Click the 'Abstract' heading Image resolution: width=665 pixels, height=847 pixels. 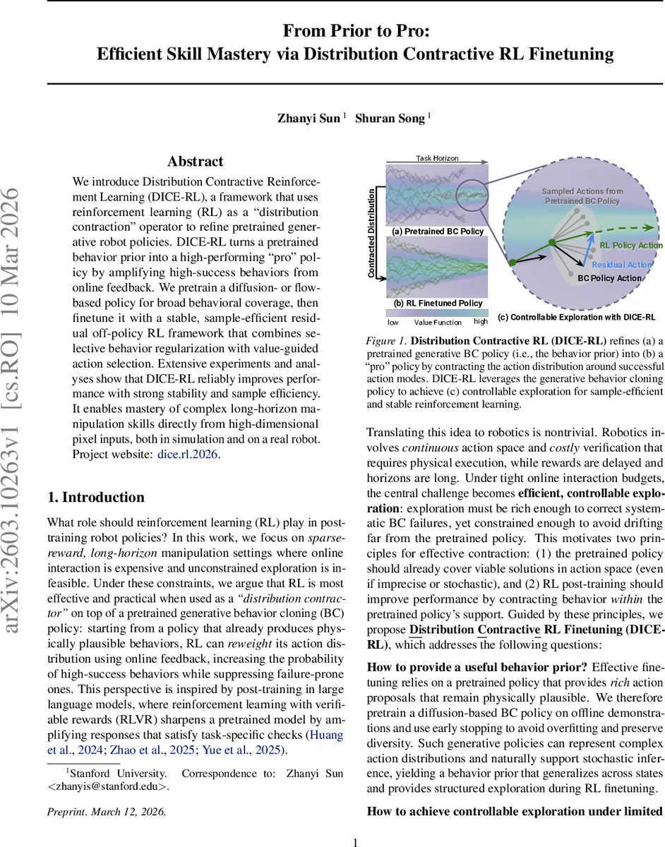(196, 162)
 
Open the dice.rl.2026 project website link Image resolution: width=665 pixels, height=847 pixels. (188, 454)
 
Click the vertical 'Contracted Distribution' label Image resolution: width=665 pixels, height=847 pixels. (372, 233)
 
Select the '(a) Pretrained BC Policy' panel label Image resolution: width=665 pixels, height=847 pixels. (438, 232)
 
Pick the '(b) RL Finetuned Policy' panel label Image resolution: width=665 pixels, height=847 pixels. (438, 304)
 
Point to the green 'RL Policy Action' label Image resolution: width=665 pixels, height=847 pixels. (630, 246)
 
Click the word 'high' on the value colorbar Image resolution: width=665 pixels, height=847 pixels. (481, 322)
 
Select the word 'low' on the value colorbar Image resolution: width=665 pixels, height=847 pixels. (393, 322)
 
